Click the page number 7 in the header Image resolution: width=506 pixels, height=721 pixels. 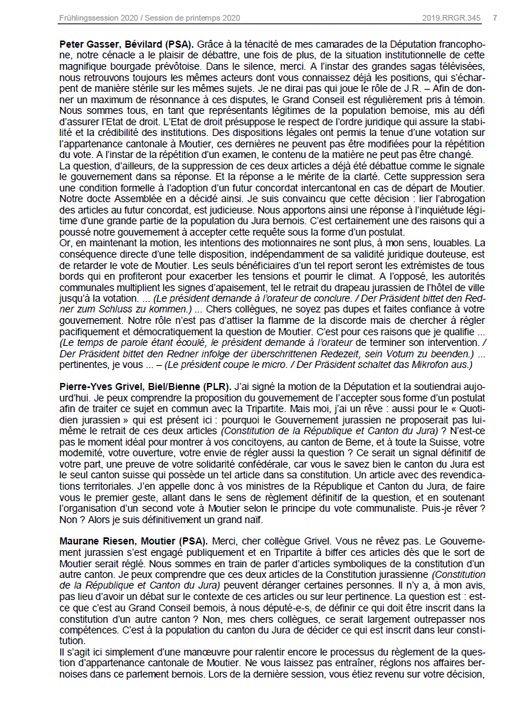coord(495,16)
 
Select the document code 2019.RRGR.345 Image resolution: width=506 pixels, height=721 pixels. coord(451,16)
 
